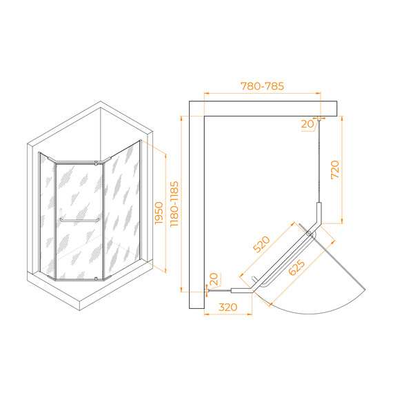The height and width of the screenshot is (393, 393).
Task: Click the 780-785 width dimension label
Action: coord(262,86)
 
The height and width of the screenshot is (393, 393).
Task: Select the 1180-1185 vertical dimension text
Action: coord(174,204)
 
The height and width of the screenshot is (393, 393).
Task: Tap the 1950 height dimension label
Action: coord(159,213)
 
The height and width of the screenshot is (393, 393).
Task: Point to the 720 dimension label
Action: coord(335,170)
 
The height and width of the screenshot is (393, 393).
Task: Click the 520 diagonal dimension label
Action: coord(261,244)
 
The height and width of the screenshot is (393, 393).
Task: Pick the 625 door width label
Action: coord(297,268)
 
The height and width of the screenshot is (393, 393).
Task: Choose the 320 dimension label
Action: coord(228,307)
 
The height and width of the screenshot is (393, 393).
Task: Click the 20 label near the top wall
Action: coord(308,124)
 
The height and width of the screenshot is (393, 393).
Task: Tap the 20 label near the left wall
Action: coord(214,279)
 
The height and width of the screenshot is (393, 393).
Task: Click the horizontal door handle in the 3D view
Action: coord(79,221)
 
